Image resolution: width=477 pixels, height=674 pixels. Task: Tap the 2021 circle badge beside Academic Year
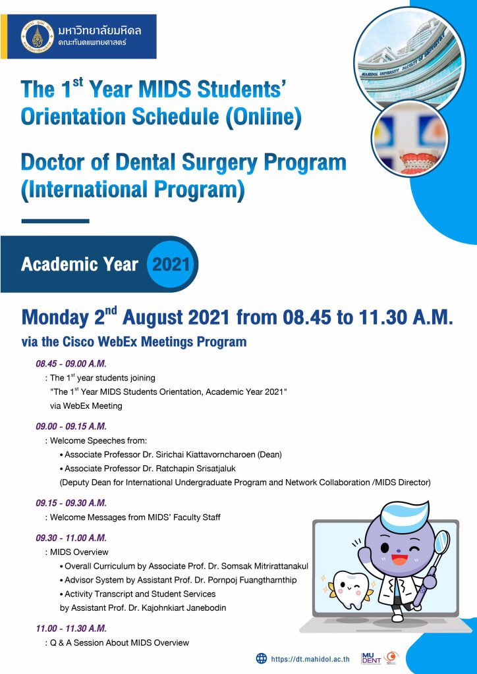click(x=171, y=265)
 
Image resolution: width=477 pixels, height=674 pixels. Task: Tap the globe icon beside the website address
click(x=262, y=658)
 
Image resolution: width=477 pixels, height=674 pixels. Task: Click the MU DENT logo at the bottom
click(x=372, y=658)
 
